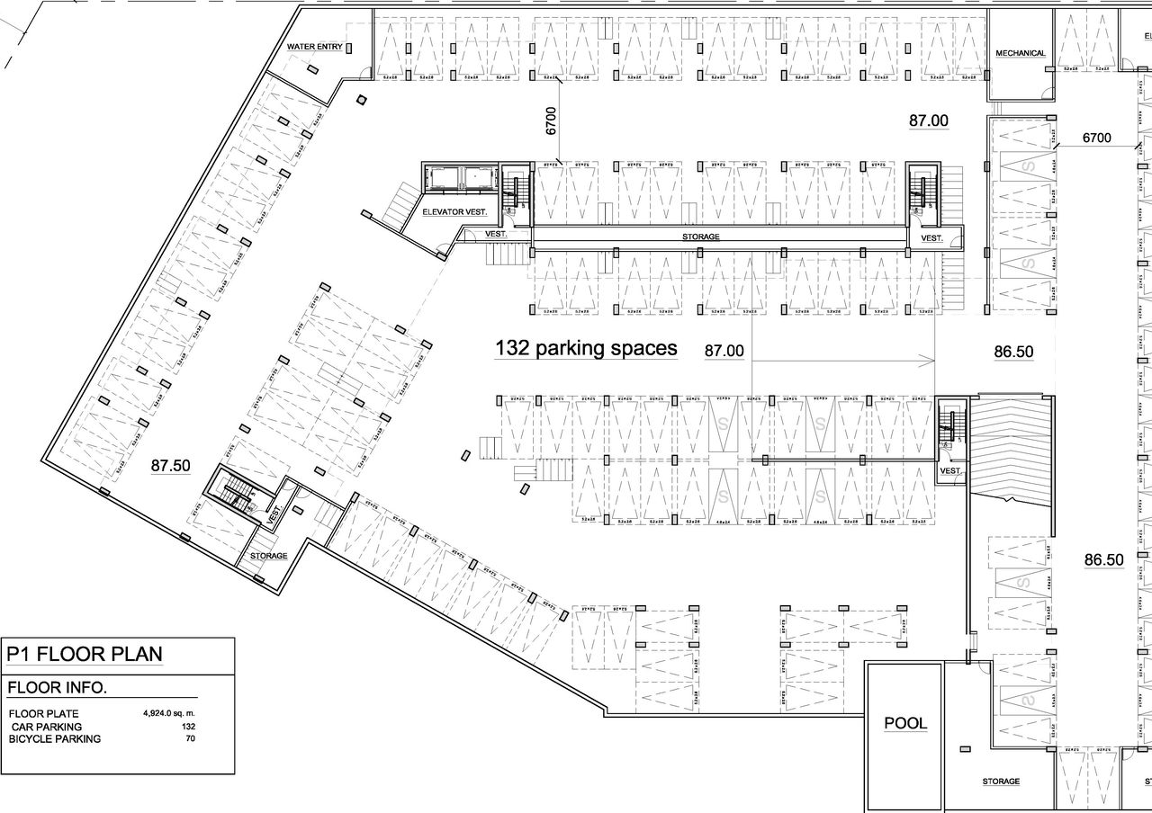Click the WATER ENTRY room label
pos(314,47)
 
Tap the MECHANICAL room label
pos(1020,53)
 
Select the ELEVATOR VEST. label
pos(454,212)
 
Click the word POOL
pos(904,723)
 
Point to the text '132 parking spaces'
pos(586,348)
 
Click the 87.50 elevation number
pos(171,466)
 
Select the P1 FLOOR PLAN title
pos(85,654)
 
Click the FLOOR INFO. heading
pos(57,689)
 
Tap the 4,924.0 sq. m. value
pos(168,713)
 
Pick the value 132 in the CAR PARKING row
pos(188,726)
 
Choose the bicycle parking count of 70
pos(190,738)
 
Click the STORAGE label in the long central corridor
pos(700,237)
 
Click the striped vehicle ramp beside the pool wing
pos(1010,445)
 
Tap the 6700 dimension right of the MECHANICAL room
pos(1096,138)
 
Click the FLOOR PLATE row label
pos(43,714)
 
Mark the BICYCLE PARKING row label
pos(55,738)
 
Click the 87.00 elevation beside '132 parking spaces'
pos(724,351)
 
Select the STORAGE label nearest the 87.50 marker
pos(268,556)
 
